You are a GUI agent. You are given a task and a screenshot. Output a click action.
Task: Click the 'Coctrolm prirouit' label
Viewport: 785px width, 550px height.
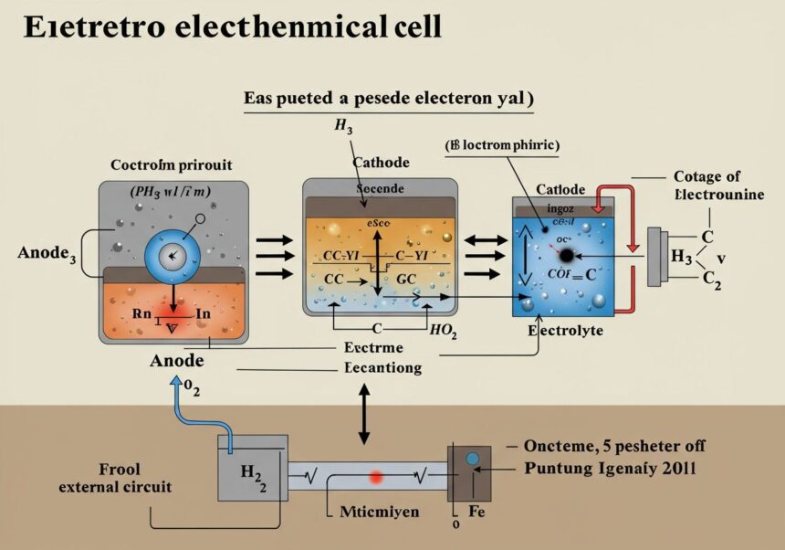pyautogui.click(x=171, y=165)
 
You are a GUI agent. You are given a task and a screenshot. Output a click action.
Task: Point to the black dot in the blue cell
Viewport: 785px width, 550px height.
pyautogui.click(x=567, y=255)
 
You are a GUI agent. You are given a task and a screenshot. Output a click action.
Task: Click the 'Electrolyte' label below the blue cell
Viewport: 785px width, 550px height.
pyautogui.click(x=565, y=331)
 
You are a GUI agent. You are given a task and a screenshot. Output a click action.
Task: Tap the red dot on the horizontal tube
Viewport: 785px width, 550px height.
pyautogui.click(x=375, y=477)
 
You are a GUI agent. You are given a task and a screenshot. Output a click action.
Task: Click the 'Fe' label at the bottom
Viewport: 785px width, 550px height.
pyautogui.click(x=476, y=513)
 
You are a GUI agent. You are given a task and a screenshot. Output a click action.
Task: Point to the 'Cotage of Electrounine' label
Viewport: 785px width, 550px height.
pyautogui.click(x=706, y=185)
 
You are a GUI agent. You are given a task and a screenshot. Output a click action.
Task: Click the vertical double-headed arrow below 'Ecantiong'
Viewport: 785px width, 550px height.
pyautogui.click(x=364, y=414)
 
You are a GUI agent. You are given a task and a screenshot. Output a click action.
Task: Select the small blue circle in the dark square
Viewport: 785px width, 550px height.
pyautogui.click(x=472, y=460)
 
